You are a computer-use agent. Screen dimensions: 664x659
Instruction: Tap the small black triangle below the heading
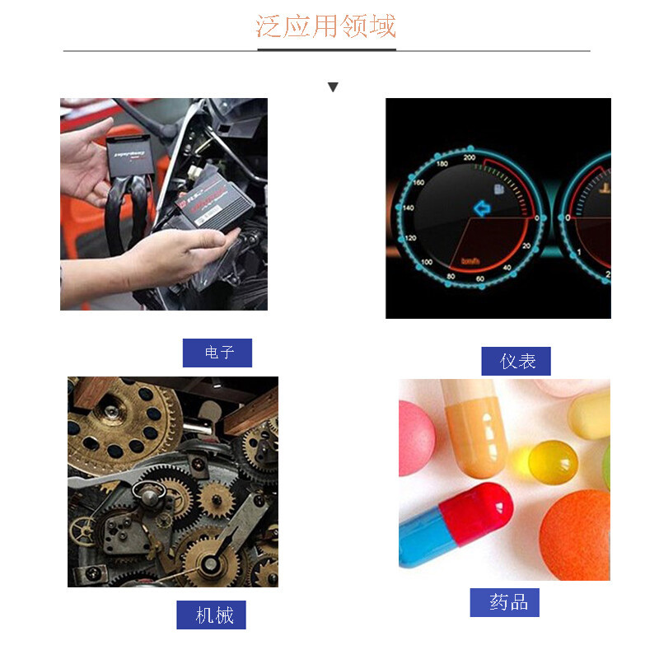coord(333,87)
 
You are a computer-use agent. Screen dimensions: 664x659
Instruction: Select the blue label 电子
coord(217,353)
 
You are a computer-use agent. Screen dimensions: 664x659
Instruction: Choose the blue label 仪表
coord(516,361)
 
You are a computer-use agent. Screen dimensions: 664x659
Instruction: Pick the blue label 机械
coord(212,615)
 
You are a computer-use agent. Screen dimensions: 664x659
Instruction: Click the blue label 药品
coord(505,602)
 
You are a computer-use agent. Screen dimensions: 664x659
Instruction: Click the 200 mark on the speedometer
coord(470,157)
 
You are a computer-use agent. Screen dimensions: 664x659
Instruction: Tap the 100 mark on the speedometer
coord(427,263)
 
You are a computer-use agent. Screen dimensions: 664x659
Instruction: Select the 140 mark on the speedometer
coord(407,208)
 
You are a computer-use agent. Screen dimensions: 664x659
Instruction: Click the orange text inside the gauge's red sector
coord(471,260)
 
